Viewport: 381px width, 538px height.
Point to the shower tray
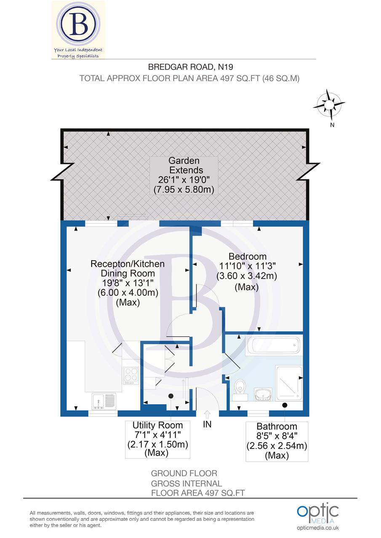tap(289, 383)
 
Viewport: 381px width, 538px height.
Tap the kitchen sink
tap(104, 401)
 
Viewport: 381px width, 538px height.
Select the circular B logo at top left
tap(78, 26)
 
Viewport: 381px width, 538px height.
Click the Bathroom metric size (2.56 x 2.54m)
tap(277, 446)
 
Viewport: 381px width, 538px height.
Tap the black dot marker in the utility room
tap(171, 396)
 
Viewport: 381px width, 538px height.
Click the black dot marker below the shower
tap(285, 405)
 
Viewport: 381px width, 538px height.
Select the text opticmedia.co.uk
tap(318, 528)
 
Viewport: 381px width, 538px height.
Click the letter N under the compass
tap(332, 125)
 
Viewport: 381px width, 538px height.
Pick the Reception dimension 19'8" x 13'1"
tap(128, 283)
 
